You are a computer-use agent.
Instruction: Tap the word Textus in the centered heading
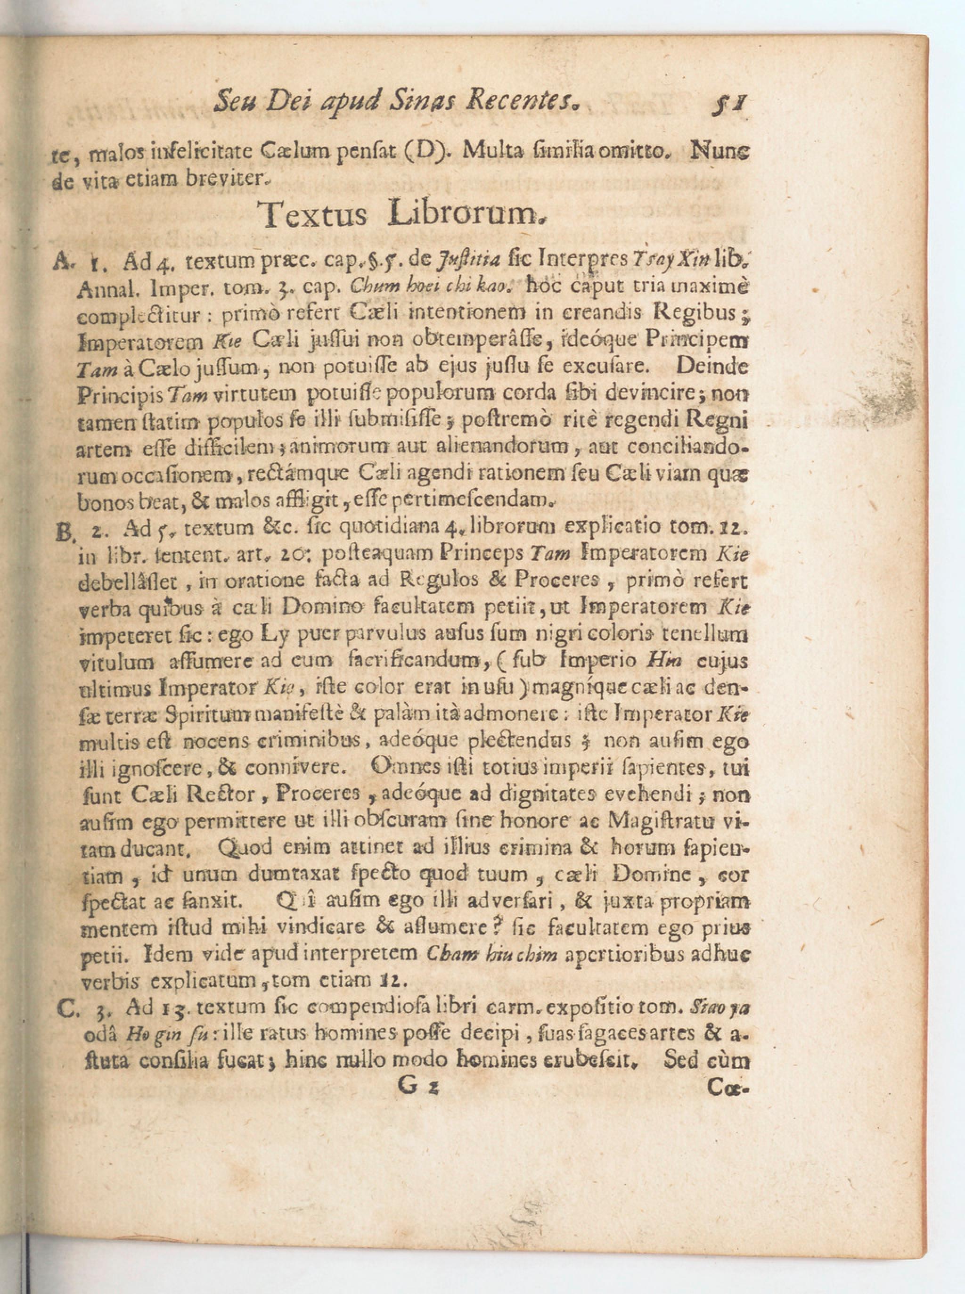314,215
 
